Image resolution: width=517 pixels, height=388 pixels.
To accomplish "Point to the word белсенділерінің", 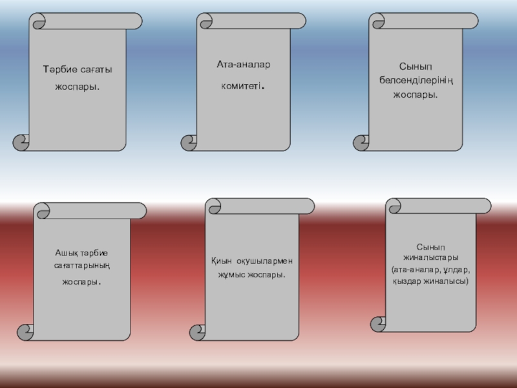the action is (x=416, y=80).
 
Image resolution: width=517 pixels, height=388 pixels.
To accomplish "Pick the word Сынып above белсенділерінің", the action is (x=416, y=67).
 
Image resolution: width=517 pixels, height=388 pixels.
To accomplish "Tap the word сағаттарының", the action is (x=81, y=266).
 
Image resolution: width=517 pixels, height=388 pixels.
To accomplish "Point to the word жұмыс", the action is (x=231, y=275).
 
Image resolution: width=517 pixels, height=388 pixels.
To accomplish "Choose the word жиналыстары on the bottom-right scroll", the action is (x=431, y=257).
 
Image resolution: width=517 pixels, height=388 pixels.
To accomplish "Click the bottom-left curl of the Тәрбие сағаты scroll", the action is (x=21, y=142).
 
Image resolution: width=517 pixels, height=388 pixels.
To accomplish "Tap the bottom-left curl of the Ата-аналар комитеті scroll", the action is (x=189, y=142).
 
